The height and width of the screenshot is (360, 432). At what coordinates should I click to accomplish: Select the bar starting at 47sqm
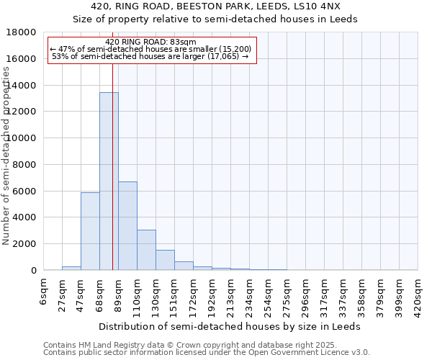(x=90, y=231)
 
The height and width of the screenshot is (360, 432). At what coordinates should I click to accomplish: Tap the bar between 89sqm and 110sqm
(x=127, y=225)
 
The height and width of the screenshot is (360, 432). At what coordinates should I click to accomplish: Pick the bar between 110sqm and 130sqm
(x=146, y=250)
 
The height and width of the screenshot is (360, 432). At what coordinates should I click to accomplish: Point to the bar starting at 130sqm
(x=165, y=260)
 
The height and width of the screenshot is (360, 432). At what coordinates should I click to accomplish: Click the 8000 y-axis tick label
(x=24, y=165)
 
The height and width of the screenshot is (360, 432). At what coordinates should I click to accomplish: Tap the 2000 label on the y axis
(x=24, y=244)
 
